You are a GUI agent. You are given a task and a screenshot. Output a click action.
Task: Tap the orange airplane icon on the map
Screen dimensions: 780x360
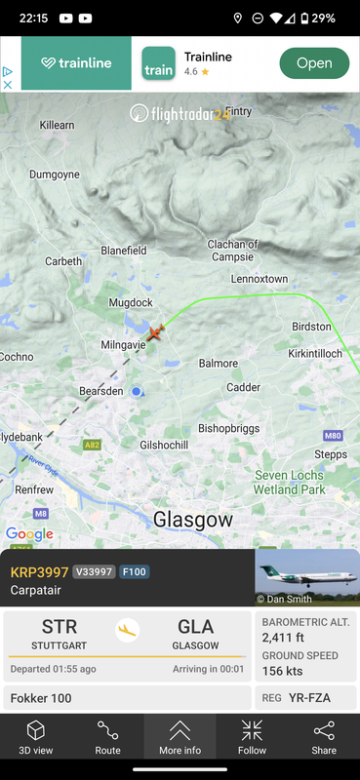pos(154,332)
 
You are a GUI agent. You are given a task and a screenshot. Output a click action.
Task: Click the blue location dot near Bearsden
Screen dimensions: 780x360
pos(137,392)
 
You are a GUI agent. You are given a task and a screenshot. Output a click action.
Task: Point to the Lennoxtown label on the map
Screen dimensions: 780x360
pos(259,279)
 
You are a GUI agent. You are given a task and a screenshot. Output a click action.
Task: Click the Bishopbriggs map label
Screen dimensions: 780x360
pos(231,428)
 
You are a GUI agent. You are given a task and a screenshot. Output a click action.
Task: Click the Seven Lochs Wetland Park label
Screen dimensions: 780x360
pos(290,483)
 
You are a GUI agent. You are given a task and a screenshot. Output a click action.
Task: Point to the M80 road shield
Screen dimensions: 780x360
pos(333,435)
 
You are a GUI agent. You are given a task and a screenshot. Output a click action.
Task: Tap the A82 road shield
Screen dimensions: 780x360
pos(93,445)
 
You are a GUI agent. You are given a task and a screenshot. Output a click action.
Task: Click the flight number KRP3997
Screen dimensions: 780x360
pos(38,571)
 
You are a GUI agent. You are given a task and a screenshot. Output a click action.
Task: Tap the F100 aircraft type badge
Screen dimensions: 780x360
pos(134,572)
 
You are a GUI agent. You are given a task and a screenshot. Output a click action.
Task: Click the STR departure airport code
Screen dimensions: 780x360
pos(60,627)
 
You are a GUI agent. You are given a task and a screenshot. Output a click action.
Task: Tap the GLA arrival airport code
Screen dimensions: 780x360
pos(196,627)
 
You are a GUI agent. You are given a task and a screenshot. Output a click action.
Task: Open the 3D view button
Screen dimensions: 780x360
pos(36,737)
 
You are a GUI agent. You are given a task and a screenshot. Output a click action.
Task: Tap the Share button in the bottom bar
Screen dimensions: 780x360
pos(324,737)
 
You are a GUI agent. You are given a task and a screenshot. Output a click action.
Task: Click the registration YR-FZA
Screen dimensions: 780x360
pos(309,697)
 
